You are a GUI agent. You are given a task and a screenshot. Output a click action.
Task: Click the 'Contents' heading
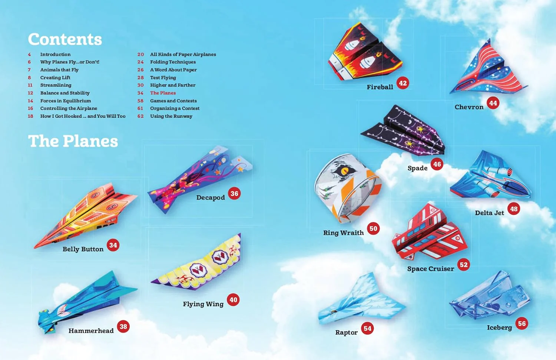coord(65,39)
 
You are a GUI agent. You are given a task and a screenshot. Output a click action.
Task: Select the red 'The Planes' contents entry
coord(163,93)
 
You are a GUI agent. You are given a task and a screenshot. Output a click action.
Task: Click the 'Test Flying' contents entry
coord(163,78)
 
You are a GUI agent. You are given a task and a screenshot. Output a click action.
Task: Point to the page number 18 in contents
coord(30,116)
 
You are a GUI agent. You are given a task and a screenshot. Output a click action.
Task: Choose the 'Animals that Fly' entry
coord(59,70)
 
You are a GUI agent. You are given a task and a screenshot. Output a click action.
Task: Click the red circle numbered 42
coord(403,83)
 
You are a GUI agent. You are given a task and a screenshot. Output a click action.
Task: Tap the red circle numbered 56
coord(522,324)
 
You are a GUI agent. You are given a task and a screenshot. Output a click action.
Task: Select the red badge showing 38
coord(123,327)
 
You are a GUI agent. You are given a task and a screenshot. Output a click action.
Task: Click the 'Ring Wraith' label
coord(343,233)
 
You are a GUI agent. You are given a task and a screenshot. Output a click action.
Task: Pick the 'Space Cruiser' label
coord(431,269)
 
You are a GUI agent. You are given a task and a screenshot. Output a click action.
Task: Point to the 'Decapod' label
coord(211,198)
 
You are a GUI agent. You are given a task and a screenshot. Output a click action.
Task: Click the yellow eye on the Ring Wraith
coord(344,171)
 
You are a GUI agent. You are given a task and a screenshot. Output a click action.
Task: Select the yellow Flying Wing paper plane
coord(196,263)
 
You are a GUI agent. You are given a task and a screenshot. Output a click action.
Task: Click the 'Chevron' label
coord(469,107)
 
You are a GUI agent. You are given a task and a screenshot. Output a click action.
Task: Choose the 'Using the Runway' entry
coord(171,116)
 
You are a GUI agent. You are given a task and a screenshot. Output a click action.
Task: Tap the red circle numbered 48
coord(513,209)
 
